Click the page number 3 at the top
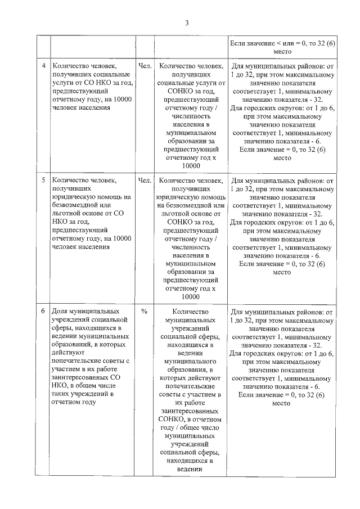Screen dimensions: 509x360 [x=187, y=22]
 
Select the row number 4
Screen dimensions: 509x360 [x=44, y=66]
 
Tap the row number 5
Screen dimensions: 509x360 [x=44, y=181]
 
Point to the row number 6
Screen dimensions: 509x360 [x=44, y=311]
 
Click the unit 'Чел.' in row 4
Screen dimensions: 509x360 [x=145, y=66]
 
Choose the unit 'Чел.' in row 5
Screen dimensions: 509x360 [x=145, y=181]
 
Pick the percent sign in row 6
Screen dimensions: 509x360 [x=145, y=311]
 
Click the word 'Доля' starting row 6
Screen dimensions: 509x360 [x=60, y=311]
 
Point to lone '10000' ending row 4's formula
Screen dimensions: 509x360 [x=191, y=166]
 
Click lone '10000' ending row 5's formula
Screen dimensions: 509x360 [x=191, y=296]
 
